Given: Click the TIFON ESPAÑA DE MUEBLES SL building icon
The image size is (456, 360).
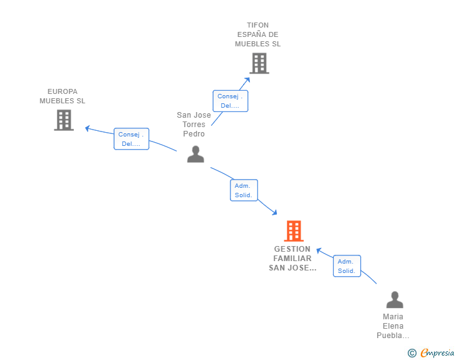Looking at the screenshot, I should (259, 63).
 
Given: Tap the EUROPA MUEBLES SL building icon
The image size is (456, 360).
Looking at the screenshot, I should (64, 120).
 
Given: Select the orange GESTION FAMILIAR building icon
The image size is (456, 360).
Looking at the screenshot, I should (293, 231).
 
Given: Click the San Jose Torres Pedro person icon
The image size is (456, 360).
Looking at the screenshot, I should (195, 154).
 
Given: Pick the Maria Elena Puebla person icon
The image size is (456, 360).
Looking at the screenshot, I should (394, 300).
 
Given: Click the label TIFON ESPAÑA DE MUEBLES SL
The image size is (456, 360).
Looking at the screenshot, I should (258, 35).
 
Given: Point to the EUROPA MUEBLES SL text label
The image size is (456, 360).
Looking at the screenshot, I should (63, 96).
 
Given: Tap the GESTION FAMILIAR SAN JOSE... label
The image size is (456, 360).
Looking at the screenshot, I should (293, 259).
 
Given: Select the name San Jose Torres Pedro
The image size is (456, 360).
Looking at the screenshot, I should (194, 124).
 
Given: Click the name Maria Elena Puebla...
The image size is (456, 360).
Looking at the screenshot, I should (393, 326).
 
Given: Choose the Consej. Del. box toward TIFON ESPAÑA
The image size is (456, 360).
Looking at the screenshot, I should (230, 101).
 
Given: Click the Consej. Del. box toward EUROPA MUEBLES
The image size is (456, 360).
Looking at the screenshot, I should (132, 139).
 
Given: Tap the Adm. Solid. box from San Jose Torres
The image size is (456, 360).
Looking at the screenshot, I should (244, 190).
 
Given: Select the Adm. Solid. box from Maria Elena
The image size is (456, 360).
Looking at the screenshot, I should (346, 266).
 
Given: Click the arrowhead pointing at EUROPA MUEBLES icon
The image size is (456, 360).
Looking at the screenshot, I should (88, 128).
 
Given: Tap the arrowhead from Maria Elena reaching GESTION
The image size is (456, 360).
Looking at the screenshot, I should (319, 250).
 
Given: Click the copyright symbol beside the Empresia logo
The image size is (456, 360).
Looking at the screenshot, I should (412, 353).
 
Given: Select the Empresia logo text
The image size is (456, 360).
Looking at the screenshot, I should (437, 352).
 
